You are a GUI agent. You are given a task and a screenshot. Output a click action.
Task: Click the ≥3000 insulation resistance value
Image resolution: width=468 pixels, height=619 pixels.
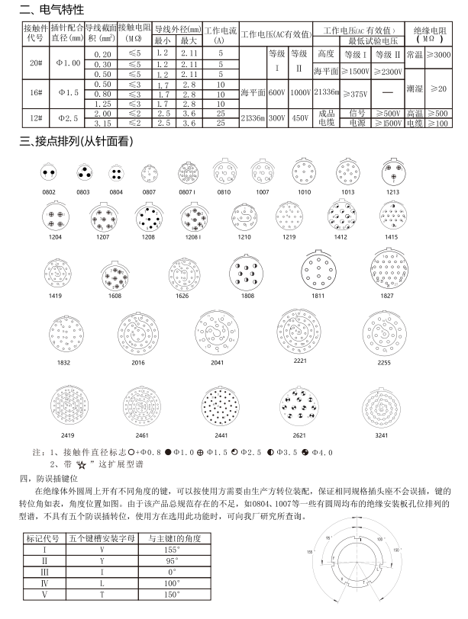pos(438,55)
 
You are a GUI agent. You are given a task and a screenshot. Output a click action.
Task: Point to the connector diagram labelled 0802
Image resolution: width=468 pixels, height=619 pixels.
pos(49,174)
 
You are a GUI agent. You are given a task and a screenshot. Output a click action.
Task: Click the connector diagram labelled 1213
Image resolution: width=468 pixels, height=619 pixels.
pos(392,173)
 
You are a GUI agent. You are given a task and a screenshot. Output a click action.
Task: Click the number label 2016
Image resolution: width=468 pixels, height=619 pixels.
pos(138,364)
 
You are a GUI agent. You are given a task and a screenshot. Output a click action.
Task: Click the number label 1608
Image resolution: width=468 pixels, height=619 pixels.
pos(115,294)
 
